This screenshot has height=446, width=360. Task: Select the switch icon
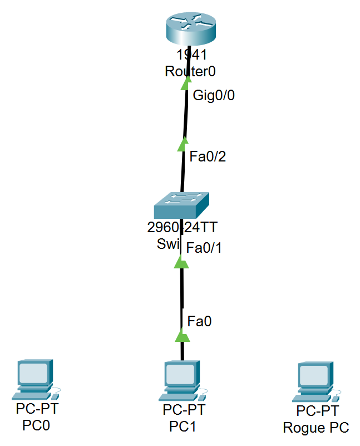point(183,205)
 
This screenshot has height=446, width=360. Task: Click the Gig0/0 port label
point(214,95)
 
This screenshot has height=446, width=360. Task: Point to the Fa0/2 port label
point(208,157)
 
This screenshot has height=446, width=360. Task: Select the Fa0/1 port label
point(204,248)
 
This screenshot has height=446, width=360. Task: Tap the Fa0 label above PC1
point(199,321)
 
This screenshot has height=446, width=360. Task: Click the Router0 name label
point(190,71)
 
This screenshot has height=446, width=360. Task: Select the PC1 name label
point(184,427)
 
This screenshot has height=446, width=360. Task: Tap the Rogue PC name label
point(316,428)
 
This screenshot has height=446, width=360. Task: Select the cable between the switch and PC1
point(181,295)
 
